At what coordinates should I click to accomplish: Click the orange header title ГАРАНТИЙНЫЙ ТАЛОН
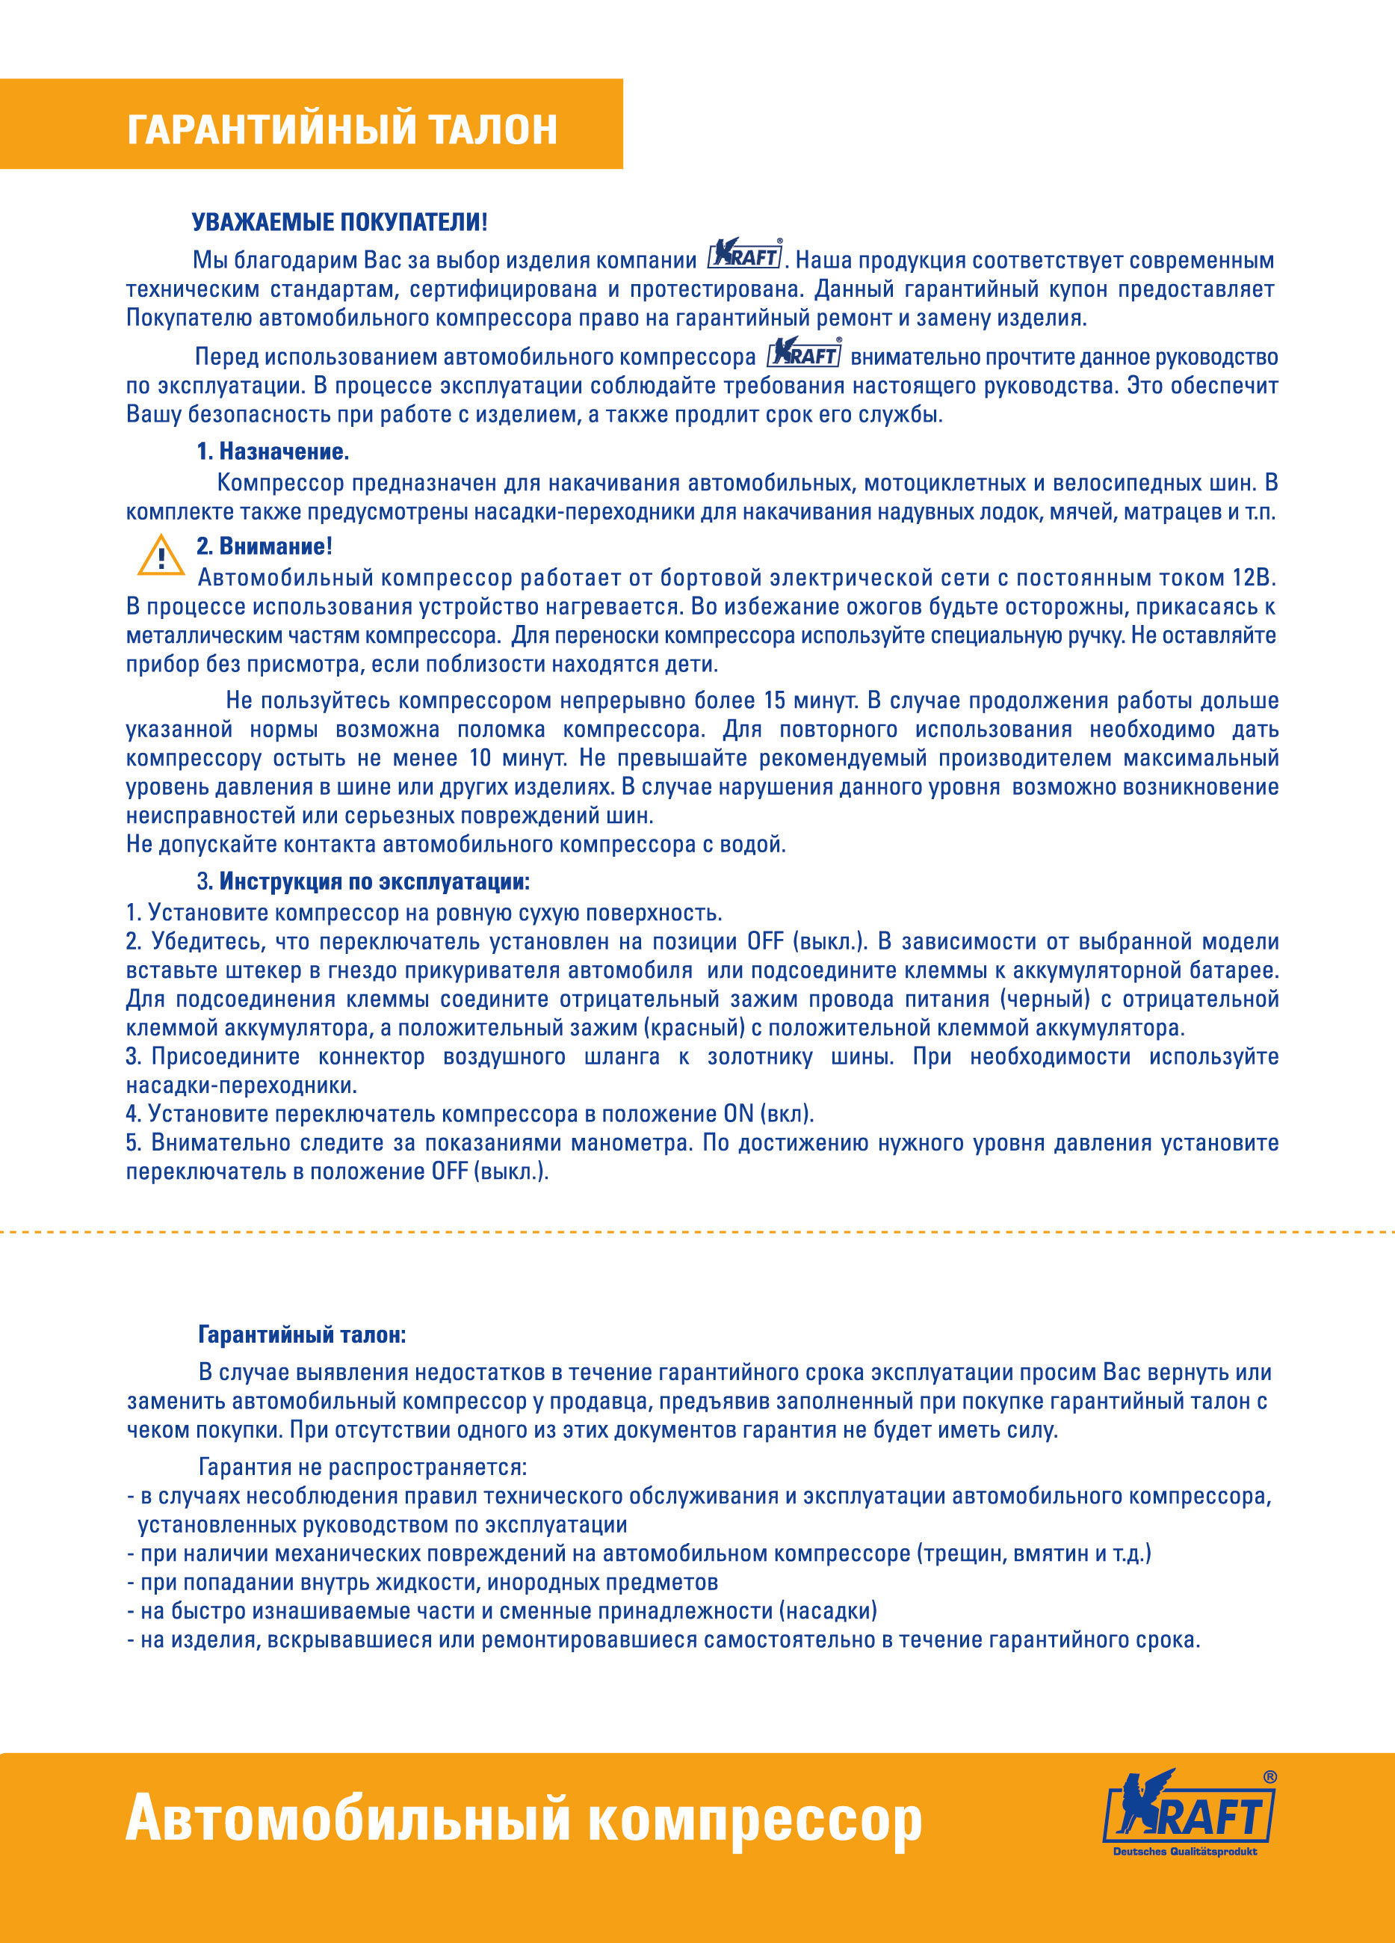tap(341, 129)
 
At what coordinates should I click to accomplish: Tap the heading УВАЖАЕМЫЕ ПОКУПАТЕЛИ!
tap(339, 223)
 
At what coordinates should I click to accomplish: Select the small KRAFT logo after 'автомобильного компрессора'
tap(804, 352)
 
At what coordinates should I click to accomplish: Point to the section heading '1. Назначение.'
tap(272, 452)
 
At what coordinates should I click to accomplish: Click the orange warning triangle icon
tap(160, 556)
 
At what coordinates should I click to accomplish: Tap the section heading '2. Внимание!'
tap(264, 546)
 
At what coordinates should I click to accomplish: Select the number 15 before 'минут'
tap(774, 700)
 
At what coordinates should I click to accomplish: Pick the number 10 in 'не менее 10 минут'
tap(480, 758)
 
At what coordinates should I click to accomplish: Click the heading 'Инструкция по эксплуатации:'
tap(374, 881)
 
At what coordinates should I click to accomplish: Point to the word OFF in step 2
tap(766, 941)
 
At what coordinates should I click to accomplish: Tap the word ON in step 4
tap(738, 1114)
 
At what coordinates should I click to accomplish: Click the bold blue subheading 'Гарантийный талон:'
tap(301, 1334)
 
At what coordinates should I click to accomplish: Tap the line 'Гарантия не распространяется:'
tap(362, 1468)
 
